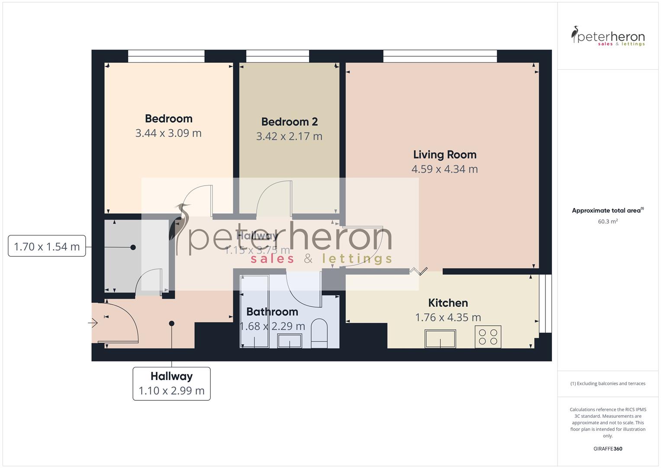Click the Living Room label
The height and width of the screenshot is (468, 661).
(x=445, y=155)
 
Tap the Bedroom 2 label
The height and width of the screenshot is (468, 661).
(x=289, y=122)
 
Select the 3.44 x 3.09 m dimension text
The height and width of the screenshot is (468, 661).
(x=168, y=133)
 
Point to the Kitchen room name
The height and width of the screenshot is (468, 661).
(x=448, y=303)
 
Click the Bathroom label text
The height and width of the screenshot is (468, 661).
(x=272, y=312)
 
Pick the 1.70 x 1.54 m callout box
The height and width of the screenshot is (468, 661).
(x=47, y=247)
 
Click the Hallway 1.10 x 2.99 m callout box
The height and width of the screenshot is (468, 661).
(x=171, y=383)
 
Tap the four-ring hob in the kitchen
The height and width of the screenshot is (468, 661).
(x=488, y=337)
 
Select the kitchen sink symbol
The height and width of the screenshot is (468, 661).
(x=440, y=338)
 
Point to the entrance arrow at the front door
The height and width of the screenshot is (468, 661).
(x=93, y=323)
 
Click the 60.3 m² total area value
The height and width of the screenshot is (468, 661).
(x=608, y=221)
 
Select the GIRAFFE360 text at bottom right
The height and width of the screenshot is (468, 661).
(x=608, y=449)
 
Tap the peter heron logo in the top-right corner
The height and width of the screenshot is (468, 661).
(x=608, y=36)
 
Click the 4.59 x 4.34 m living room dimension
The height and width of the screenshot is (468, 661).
(x=445, y=169)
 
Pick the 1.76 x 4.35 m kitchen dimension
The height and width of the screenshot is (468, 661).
(x=448, y=318)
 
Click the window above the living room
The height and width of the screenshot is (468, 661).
(x=440, y=56)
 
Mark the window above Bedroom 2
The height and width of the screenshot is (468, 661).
(x=277, y=56)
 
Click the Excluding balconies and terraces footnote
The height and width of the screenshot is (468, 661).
(x=608, y=383)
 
